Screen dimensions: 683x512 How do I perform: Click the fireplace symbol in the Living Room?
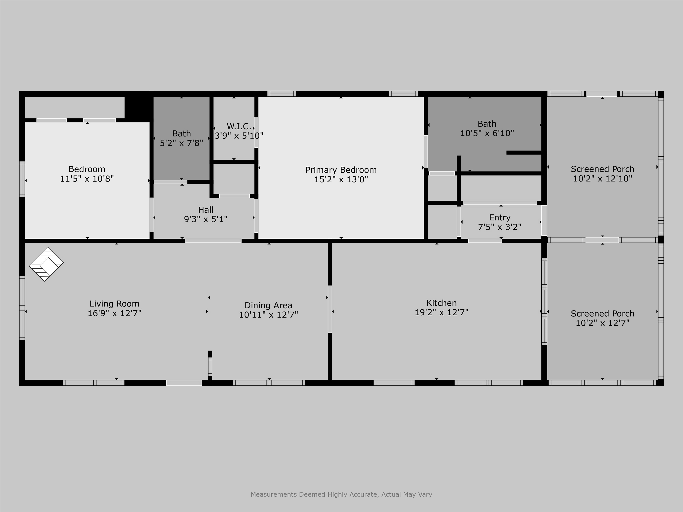[46, 264]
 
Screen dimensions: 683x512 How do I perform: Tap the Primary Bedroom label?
[341, 170]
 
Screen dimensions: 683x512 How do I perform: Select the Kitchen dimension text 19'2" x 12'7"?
[441, 312]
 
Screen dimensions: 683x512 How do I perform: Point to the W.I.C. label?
[239, 126]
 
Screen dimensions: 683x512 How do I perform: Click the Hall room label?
[206, 210]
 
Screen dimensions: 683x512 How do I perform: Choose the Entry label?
[500, 218]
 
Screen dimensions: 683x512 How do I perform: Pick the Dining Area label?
[268, 306]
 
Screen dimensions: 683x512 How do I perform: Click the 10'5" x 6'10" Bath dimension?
[487, 133]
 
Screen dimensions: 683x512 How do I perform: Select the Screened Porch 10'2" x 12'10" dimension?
[603, 179]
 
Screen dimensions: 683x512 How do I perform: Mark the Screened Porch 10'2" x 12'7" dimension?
[603, 323]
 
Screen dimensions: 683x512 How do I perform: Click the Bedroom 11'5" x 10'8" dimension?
[87, 179]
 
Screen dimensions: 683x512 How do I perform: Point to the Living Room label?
[114, 304]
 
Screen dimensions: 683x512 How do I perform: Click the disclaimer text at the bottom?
[341, 494]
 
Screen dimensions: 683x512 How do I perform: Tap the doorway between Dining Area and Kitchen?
[330, 309]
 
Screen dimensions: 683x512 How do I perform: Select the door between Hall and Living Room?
[213, 241]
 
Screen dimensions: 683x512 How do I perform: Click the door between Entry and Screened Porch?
[544, 220]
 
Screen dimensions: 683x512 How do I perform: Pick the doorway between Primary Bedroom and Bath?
[426, 152]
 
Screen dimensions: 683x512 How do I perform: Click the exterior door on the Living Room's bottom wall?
[184, 383]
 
